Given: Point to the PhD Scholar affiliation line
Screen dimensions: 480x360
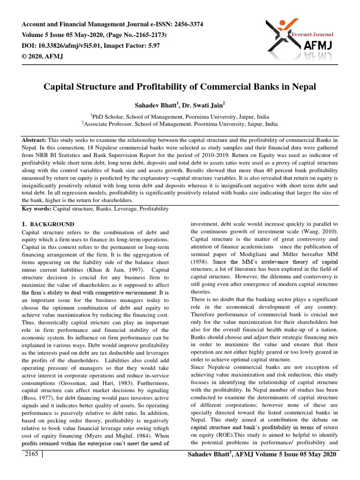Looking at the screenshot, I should [180, 116].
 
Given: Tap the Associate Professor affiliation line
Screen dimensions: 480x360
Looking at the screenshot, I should [180, 124].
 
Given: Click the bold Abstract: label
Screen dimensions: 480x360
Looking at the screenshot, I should [34, 140].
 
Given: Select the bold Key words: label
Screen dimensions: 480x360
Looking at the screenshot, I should [37, 208].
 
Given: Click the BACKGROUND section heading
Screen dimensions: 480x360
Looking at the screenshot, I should [52, 225].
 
